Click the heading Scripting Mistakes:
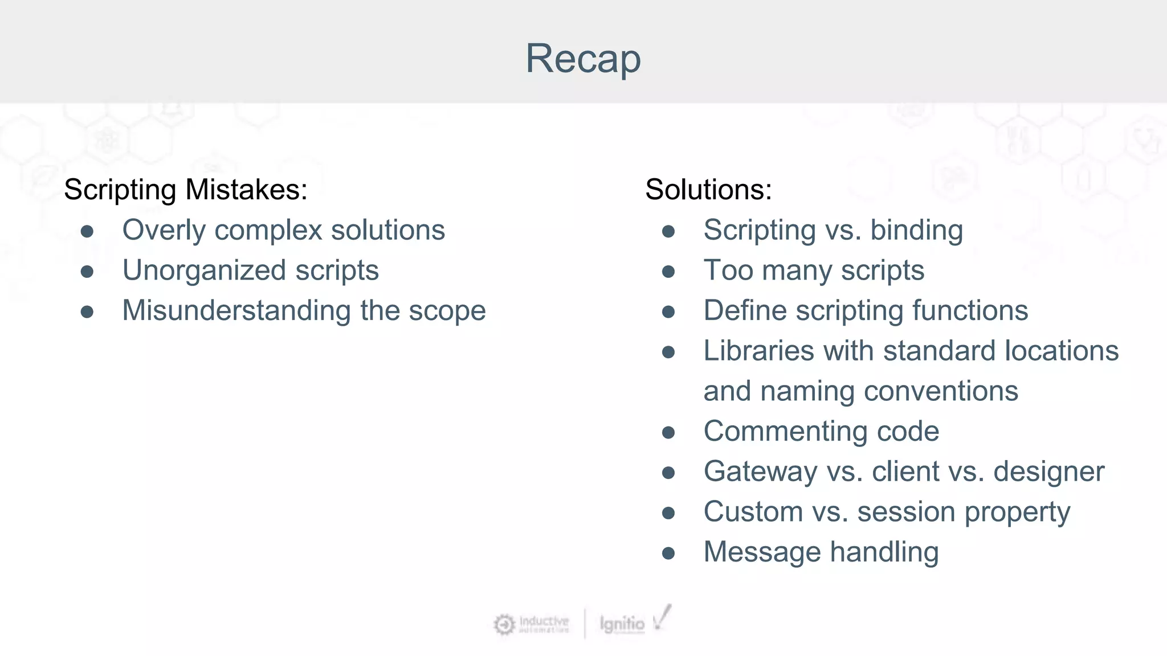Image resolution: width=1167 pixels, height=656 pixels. (185, 189)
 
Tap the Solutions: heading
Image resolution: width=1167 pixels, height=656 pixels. (708, 189)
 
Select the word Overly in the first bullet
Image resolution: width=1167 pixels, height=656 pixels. (164, 230)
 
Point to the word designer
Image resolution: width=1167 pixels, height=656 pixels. (1048, 472)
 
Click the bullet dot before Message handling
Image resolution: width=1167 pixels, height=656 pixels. (668, 553)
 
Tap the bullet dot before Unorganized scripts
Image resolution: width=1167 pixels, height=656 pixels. (87, 272)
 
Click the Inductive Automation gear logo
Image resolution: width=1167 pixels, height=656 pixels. (504, 625)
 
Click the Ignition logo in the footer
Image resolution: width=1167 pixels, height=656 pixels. (622, 624)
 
